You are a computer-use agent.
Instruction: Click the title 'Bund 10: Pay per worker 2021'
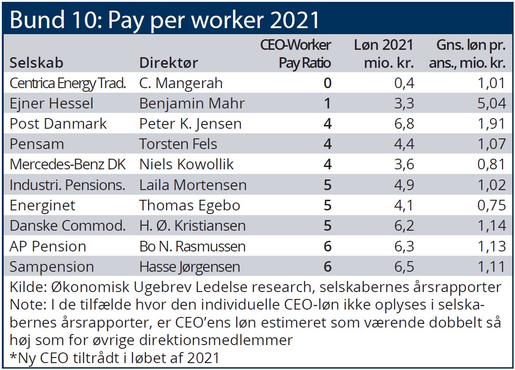(x=164, y=19)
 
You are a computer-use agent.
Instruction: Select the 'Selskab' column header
(x=36, y=62)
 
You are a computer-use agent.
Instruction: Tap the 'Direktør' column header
(x=168, y=62)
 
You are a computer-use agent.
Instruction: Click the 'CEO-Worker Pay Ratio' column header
(x=296, y=54)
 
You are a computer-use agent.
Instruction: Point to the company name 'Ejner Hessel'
(x=51, y=103)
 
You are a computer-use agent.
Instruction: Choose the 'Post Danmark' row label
(x=58, y=124)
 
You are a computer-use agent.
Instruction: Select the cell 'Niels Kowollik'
(x=186, y=164)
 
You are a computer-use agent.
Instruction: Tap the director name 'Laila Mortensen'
(x=193, y=185)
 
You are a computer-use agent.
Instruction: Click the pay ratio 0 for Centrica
(x=327, y=83)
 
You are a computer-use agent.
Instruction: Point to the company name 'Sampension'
(x=51, y=267)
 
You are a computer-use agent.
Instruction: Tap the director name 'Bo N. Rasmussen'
(x=192, y=246)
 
